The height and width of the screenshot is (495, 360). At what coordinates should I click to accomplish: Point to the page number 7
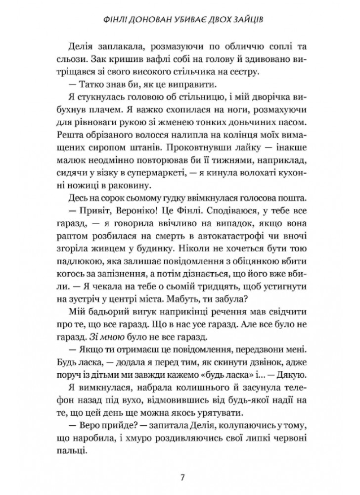183,478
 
